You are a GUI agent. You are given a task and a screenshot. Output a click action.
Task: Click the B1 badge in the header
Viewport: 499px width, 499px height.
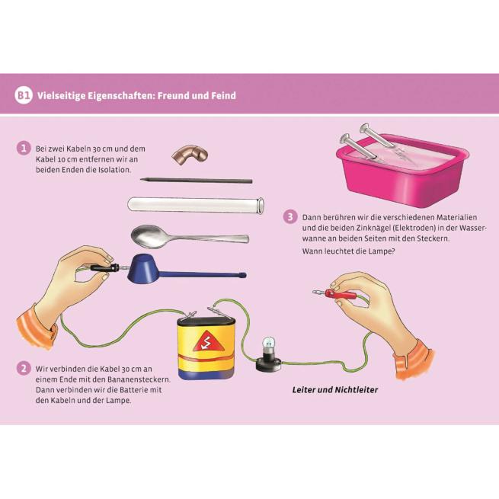pos(24,95)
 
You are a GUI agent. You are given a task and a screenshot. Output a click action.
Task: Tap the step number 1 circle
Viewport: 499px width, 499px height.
pos(24,149)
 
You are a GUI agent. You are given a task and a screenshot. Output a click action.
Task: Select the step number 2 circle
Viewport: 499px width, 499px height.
pos(24,369)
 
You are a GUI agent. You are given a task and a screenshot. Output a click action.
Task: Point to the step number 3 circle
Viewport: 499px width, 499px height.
pos(290,217)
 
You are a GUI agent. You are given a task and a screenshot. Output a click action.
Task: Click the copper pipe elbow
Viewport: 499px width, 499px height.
pos(190,155)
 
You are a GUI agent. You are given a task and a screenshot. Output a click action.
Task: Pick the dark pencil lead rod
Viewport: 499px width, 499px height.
pos(197,181)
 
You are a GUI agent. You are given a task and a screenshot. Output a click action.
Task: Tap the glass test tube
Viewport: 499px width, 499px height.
pos(196,205)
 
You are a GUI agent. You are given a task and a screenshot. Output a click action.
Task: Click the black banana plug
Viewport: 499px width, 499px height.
pos(104,268)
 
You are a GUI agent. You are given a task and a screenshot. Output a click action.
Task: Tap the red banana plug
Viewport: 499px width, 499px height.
pos(337,293)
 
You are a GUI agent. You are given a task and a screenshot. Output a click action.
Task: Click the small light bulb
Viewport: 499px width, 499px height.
pos(268,346)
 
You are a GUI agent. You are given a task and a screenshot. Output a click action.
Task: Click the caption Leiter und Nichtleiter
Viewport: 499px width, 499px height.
pos(334,390)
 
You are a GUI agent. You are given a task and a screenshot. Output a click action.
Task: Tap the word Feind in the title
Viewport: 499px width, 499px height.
pos(224,95)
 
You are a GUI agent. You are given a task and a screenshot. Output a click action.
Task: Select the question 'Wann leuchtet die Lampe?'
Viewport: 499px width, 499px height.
pos(348,251)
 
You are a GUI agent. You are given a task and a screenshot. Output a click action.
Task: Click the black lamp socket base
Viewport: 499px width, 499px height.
pos(269,363)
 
